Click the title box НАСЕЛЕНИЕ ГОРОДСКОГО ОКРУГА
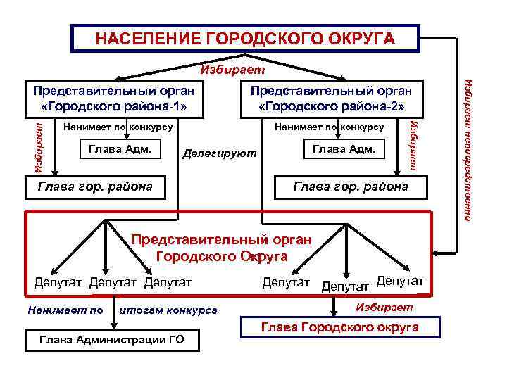[x=245, y=38]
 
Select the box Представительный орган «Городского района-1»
[x=114, y=99]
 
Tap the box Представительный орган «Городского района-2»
[x=330, y=99]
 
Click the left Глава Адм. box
[x=121, y=148]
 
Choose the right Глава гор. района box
[x=350, y=186]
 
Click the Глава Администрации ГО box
[x=113, y=340]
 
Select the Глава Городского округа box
[x=340, y=327]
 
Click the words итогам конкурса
[x=169, y=310]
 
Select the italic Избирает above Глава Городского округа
[x=384, y=308]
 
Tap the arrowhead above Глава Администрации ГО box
[x=113, y=325]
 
